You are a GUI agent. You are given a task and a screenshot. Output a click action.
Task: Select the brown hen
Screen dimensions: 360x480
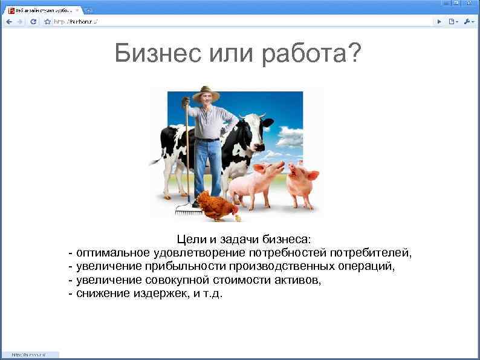pyautogui.click(x=216, y=206)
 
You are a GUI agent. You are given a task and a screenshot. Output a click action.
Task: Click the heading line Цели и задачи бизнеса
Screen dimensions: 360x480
pyautogui.click(x=244, y=239)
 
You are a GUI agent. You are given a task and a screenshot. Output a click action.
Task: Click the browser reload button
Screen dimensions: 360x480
pyautogui.click(x=33, y=21)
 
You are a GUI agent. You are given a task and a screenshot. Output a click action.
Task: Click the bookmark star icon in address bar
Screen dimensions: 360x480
pyautogui.click(x=48, y=21)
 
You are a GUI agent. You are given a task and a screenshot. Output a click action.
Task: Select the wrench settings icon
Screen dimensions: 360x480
pyautogui.click(x=468, y=21)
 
